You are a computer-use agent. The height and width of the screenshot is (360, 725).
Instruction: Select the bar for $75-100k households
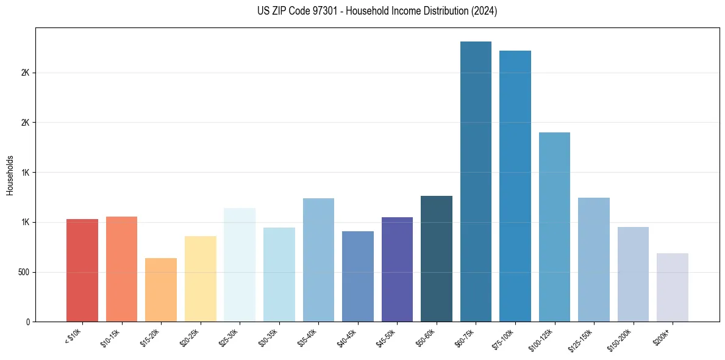click(515, 186)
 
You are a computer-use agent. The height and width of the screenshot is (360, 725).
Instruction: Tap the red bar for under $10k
click(82, 270)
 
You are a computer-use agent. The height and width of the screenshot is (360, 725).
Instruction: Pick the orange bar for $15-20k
click(161, 290)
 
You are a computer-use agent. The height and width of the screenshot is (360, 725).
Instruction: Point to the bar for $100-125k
click(554, 227)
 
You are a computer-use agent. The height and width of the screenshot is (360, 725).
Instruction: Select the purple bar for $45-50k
click(397, 269)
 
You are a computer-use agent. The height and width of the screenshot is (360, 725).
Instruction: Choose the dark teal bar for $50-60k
click(437, 259)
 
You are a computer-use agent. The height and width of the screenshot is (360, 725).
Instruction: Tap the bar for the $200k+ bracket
click(673, 287)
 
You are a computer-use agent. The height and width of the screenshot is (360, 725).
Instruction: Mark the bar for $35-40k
click(318, 260)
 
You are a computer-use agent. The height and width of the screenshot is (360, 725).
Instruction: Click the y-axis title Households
click(10, 175)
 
